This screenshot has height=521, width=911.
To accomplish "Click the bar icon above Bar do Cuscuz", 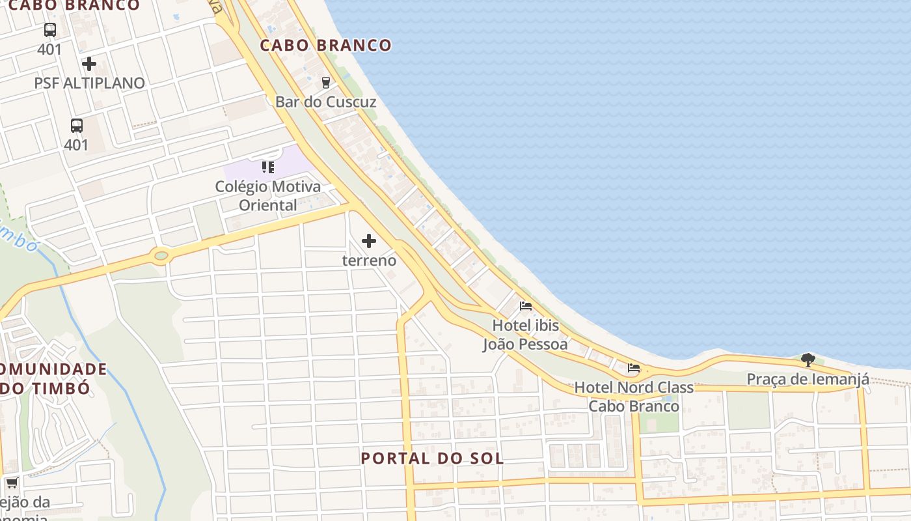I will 326,82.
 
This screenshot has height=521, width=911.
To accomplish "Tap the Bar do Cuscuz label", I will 325,102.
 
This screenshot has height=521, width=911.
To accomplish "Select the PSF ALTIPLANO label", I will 89,83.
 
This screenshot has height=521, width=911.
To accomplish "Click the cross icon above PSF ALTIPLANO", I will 89,64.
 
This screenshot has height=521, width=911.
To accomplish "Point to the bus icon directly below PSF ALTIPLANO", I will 76,126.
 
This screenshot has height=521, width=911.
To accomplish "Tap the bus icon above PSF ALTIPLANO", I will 50,30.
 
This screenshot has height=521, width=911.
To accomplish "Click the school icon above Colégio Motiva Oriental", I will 268,167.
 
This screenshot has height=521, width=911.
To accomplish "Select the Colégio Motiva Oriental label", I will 268,195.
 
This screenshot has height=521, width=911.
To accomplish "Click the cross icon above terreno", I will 369,241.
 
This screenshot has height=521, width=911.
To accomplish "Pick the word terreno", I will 369,260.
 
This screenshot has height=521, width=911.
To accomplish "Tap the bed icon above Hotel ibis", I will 526,305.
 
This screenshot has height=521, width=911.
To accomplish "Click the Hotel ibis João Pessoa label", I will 525,334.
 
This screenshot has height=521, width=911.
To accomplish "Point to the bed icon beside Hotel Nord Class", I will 634,368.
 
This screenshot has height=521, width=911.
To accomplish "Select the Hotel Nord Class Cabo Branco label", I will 634,397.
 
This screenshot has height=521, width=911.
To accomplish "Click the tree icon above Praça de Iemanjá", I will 808,359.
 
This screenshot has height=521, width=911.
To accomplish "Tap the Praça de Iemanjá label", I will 808,379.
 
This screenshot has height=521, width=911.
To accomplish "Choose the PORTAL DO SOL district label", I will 432,458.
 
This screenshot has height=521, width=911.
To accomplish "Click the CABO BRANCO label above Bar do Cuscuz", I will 326,45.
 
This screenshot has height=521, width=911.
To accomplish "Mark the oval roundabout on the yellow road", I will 161,255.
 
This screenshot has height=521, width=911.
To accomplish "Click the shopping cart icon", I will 12,483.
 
